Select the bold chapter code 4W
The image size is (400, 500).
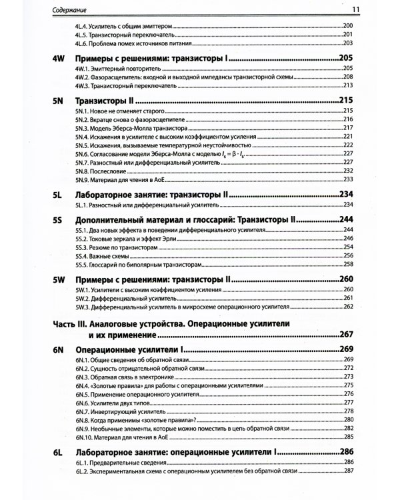pos(58,59)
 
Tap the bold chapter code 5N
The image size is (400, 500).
pos(57,100)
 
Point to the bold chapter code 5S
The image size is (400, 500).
pos(57,219)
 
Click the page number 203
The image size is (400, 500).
pos(347,43)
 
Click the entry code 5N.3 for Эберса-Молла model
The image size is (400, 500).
pos(83,127)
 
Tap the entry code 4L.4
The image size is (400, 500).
pos(83,26)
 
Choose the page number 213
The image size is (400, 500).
pos(347,86)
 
